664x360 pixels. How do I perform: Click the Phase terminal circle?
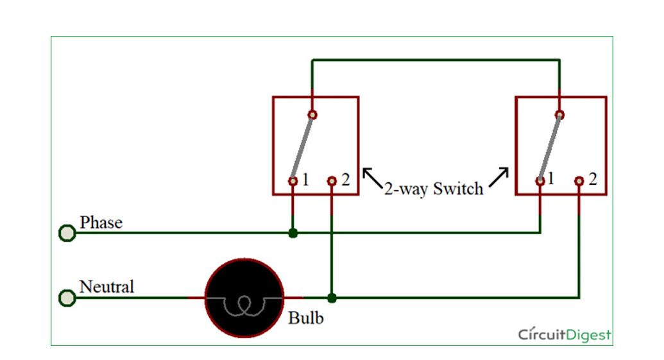click(67, 233)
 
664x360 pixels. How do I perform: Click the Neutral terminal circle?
click(67, 298)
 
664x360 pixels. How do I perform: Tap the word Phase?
click(101, 223)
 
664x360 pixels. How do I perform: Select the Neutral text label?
click(106, 286)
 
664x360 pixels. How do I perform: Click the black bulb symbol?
click(244, 298)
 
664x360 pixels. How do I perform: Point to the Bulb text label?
click(306, 318)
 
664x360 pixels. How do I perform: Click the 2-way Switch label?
click(434, 189)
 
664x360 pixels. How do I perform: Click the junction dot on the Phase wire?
click(293, 233)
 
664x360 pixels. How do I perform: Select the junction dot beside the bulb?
click(332, 298)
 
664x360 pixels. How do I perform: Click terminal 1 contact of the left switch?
click(293, 182)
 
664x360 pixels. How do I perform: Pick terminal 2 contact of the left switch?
click(332, 182)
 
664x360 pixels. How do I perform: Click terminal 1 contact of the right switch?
click(540, 182)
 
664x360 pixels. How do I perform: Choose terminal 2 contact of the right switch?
click(579, 182)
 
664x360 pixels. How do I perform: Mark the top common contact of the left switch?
click(312, 115)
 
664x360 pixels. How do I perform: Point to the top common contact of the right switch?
click(559, 115)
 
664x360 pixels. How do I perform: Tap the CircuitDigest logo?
click(565, 334)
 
